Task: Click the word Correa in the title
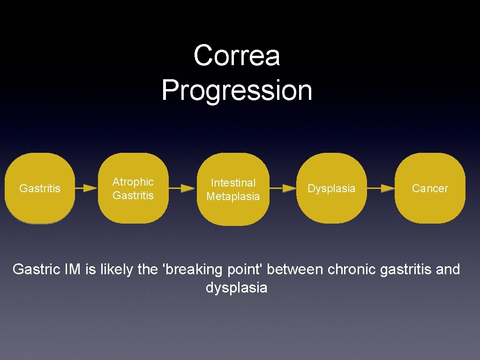pos(237,55)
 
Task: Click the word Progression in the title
pos(237,90)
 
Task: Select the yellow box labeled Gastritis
pos(40,188)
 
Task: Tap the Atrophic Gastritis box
pos(133,188)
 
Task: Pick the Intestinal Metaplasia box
pos(233,189)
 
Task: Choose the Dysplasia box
pos(331,188)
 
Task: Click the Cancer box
pos(430,188)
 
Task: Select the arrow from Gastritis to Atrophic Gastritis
pos(86,188)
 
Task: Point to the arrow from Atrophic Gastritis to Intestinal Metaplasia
pos(181,188)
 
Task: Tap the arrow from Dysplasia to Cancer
pos(381,188)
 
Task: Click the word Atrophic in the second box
pos(133,182)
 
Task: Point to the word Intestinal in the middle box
pos(233,183)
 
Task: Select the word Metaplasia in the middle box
pos(233,196)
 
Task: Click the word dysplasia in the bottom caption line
pos(236,287)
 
